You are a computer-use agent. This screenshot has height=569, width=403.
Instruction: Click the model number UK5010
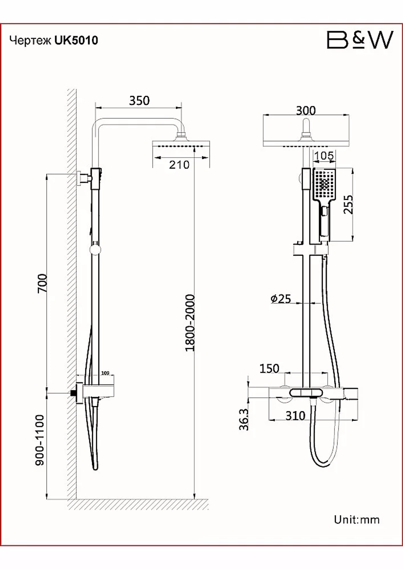coord(76,40)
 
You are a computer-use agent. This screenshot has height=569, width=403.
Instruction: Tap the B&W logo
coord(360,39)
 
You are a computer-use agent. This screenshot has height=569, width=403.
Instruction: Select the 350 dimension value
coord(139,101)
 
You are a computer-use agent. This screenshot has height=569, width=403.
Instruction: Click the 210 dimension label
coord(179,165)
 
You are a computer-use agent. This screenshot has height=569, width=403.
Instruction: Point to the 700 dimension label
coord(42,283)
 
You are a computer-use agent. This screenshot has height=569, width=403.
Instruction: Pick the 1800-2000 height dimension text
coord(190,323)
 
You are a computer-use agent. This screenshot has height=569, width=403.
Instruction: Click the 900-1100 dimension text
coord(39,440)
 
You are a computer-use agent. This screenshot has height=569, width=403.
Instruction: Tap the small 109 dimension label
coord(105,373)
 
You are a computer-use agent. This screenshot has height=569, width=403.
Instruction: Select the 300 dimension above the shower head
coord(306,111)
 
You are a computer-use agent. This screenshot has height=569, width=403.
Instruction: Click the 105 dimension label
coord(324,156)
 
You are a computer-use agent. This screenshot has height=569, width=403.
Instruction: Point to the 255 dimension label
coord(348,204)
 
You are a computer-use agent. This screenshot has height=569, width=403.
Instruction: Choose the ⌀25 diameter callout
coord(280,299)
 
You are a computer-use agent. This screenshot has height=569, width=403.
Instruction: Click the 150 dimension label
coord(269,369)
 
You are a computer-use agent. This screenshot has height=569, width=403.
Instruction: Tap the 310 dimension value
coord(295,416)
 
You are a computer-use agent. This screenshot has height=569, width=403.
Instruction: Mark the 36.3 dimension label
coord(244,419)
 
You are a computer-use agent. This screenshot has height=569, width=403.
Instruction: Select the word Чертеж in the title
coord(31,41)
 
